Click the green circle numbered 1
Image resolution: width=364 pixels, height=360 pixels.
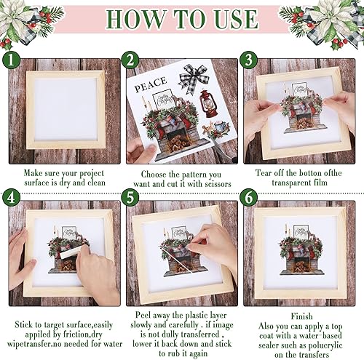11,60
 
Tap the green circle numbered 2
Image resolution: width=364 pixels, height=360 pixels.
131,60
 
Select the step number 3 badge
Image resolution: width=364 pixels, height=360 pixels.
249,60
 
